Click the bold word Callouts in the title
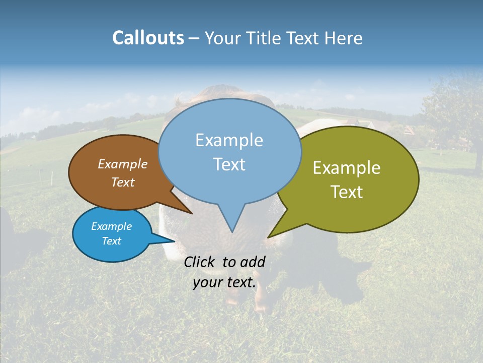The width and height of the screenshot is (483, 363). point(148,38)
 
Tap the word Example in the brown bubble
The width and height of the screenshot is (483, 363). point(123,164)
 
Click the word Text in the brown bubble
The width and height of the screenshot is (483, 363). point(123,182)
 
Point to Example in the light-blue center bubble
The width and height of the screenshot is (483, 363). point(229,140)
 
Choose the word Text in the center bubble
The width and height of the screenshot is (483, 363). point(229,164)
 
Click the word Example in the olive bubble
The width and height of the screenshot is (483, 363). point(347,168)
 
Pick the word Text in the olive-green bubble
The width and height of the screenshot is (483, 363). point(347,192)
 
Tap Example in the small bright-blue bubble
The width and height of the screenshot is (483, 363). point(111,226)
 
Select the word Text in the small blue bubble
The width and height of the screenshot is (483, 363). point(111,241)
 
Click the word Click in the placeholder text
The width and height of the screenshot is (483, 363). point(200,262)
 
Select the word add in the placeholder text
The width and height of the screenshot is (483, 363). point(253,262)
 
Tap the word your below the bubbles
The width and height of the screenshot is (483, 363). point(207,282)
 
